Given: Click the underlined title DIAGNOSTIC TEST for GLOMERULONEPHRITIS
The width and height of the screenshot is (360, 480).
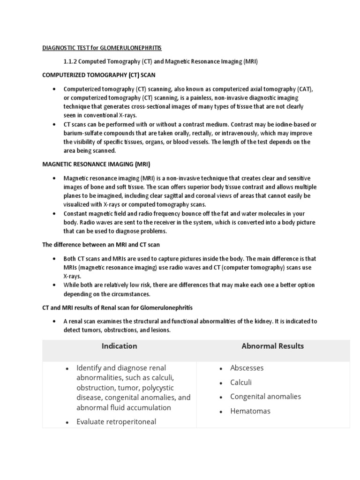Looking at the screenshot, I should coord(102,48).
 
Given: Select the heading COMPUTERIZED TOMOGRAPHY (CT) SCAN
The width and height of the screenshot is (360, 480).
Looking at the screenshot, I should coord(99,75).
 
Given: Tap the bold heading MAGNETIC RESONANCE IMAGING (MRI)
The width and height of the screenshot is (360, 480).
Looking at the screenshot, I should coord(96,164).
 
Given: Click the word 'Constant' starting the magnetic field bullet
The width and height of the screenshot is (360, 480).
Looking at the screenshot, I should coord(76,214).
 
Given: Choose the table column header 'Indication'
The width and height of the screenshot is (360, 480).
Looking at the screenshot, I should coord(119,346).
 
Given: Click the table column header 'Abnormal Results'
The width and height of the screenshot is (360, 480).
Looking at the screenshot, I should coord(272,346).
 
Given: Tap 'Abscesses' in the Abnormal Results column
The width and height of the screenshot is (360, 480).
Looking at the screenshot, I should coord(247,368).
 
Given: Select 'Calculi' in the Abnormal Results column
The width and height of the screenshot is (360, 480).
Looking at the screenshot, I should coord(241,382).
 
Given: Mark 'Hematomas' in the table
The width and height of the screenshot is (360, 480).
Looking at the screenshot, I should coord(250,411).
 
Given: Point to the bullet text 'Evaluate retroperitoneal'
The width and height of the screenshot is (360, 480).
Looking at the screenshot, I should coord(116,422).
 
